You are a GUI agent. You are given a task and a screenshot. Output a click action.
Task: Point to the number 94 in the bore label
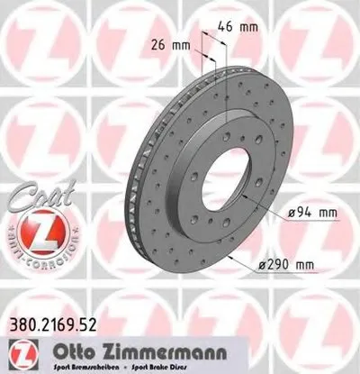pos(300,212)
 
